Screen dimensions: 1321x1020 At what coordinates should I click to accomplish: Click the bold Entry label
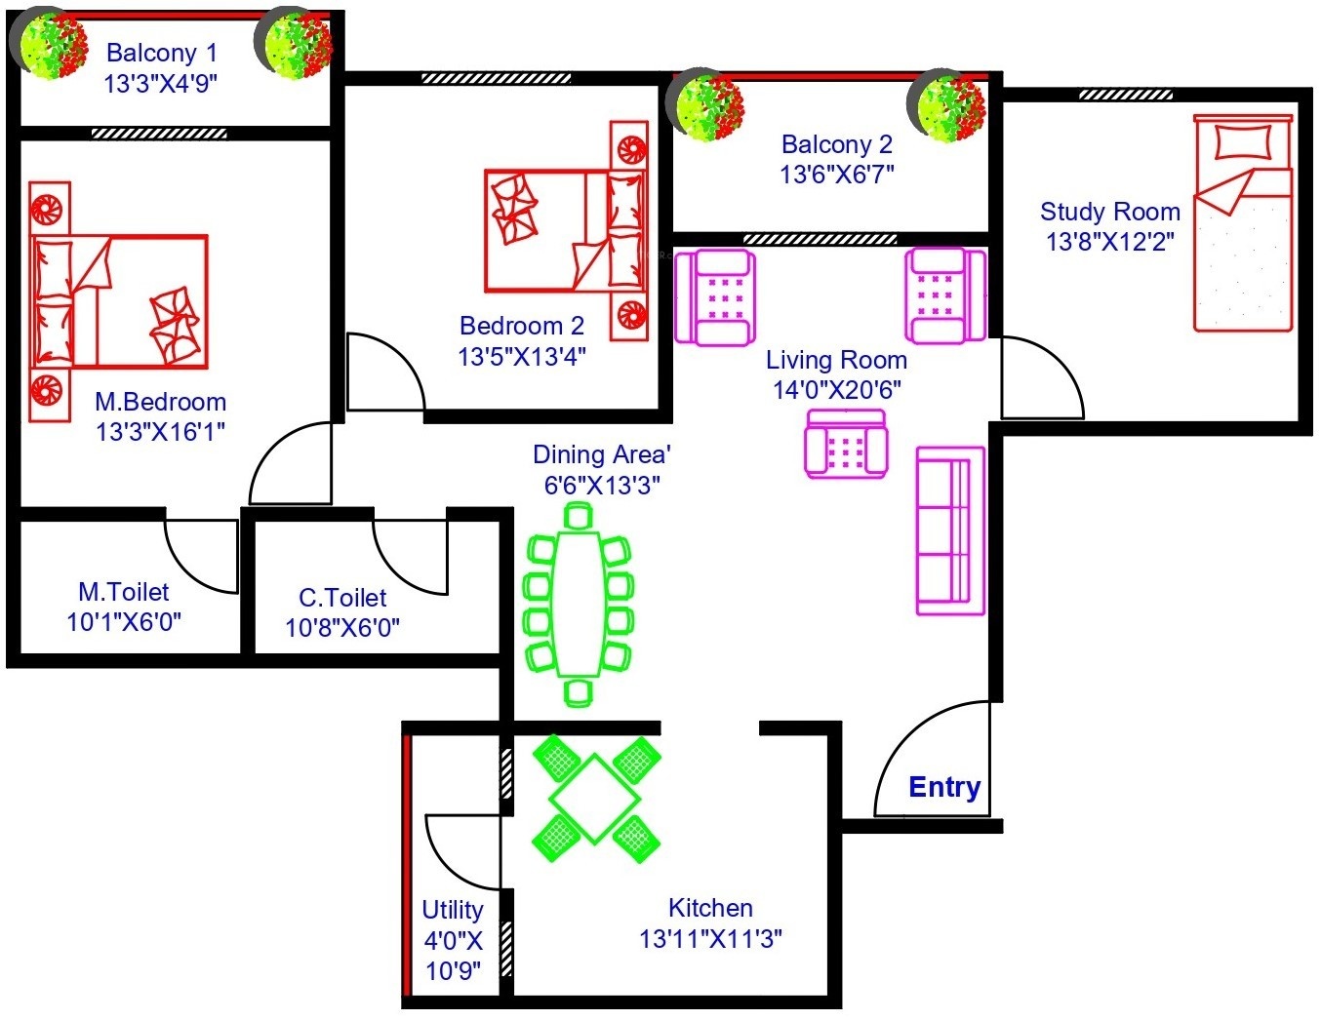click(x=944, y=787)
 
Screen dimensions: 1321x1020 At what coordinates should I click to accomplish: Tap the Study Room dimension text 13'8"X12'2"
click(x=1109, y=242)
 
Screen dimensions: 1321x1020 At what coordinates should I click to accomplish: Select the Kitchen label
click(x=710, y=908)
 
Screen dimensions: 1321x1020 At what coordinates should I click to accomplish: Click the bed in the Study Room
click(x=1243, y=223)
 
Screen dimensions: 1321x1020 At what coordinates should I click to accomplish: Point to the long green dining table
click(x=579, y=605)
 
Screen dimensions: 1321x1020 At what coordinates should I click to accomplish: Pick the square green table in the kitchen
click(x=594, y=799)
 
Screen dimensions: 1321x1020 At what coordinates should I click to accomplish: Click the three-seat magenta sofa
click(x=950, y=531)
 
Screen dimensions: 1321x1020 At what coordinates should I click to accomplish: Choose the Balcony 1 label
click(x=162, y=53)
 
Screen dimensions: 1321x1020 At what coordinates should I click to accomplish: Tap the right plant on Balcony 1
click(x=293, y=43)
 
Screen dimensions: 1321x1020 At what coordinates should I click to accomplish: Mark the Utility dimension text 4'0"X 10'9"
click(x=453, y=957)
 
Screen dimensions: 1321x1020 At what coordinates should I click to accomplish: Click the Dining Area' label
click(x=602, y=454)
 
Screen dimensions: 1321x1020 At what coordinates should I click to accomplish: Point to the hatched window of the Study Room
click(x=1126, y=95)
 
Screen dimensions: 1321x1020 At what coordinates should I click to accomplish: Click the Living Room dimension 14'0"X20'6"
click(x=836, y=390)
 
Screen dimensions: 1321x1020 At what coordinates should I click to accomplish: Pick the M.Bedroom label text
click(x=160, y=402)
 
